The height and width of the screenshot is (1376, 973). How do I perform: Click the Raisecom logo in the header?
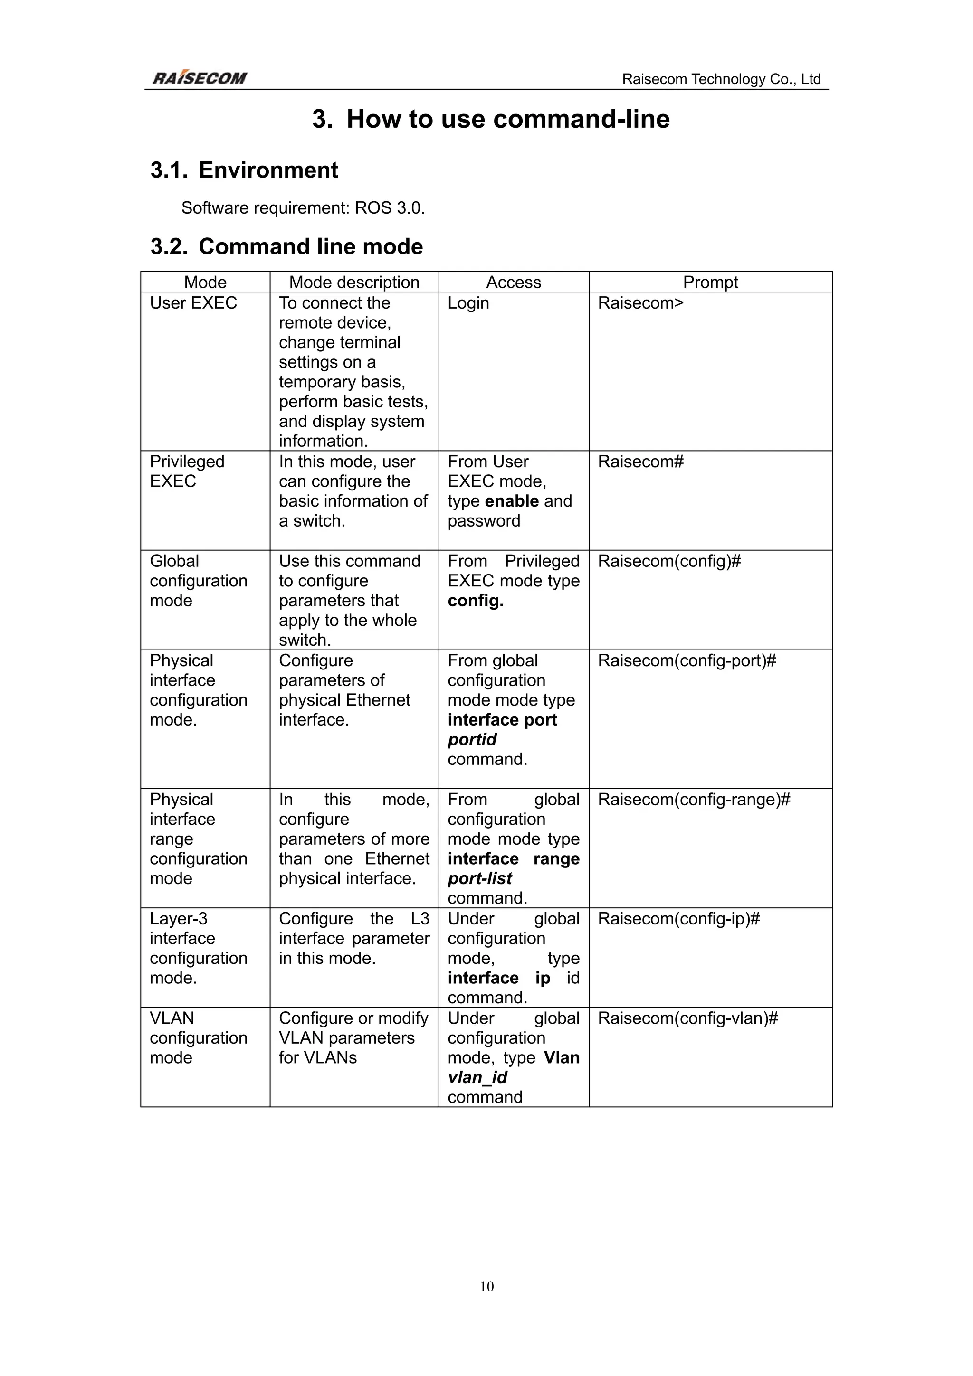coord(199,78)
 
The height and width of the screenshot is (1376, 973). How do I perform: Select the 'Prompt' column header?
coord(710,282)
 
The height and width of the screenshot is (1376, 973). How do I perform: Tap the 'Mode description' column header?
coord(353,282)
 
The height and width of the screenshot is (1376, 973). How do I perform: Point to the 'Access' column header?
coord(513,282)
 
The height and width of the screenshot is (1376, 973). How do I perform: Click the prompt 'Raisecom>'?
coord(640,303)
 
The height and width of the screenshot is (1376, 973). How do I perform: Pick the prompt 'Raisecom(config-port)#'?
coord(687,660)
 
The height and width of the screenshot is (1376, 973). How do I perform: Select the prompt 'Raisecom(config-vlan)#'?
coord(687,1018)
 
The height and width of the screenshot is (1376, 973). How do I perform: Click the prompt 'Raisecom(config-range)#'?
coord(694,800)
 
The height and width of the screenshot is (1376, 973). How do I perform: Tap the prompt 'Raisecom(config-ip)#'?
coord(678,919)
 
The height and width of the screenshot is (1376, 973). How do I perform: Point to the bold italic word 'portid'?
coord(472,740)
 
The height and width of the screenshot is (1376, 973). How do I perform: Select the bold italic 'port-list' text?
coord(479,878)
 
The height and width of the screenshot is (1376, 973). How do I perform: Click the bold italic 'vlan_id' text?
coord(477,1077)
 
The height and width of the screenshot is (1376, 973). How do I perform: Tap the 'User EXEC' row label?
coord(193,303)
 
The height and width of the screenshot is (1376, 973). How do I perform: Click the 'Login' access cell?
coord(468,303)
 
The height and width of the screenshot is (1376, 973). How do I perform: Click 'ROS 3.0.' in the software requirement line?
coord(390,208)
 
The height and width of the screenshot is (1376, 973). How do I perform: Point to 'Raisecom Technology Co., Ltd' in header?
coord(721,79)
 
